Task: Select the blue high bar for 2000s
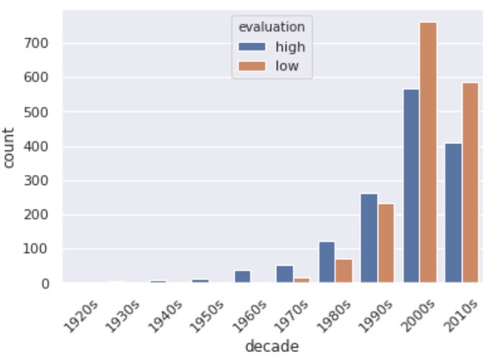411,186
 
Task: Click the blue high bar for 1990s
369,238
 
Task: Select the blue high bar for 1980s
327,262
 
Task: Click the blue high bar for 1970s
285,274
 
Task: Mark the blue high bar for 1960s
243,276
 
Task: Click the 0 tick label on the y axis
45,284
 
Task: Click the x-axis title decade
272,346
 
